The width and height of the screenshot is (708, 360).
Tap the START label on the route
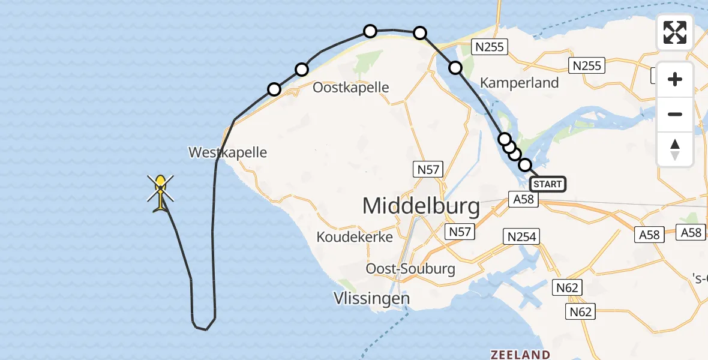[547, 184]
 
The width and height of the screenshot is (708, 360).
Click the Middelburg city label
[421, 206]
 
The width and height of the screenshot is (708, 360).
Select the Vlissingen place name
[371, 298]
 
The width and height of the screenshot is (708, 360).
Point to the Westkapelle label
[227, 152]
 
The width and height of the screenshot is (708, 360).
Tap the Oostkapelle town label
[350, 88]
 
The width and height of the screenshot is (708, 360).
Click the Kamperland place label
[519, 83]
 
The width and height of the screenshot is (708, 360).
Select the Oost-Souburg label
[410, 268]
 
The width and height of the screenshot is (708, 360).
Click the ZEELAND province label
[520, 354]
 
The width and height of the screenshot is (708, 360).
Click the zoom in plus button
[675, 79]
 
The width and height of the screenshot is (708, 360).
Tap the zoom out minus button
[675, 114]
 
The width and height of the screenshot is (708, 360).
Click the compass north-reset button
[675, 149]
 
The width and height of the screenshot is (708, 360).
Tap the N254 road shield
[521, 236]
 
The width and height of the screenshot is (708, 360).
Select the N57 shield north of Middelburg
[428, 170]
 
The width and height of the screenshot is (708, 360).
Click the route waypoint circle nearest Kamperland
[455, 68]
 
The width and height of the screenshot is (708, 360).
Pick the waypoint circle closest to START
[525, 164]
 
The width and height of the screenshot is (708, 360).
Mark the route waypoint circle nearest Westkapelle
[274, 89]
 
